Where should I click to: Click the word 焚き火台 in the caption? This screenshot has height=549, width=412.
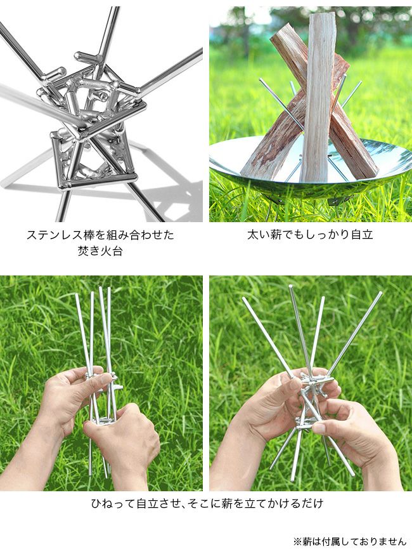pos(100,251)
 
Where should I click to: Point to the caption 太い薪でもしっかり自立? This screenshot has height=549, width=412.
pos(310,234)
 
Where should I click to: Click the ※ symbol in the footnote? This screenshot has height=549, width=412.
pos(298,541)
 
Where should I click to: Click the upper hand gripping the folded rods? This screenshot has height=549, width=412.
pos(70,392)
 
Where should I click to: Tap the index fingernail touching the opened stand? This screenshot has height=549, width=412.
pos(319,428)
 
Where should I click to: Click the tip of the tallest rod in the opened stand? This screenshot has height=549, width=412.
pos(290,286)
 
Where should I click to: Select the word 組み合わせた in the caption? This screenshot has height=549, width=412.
pos(141,235)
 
